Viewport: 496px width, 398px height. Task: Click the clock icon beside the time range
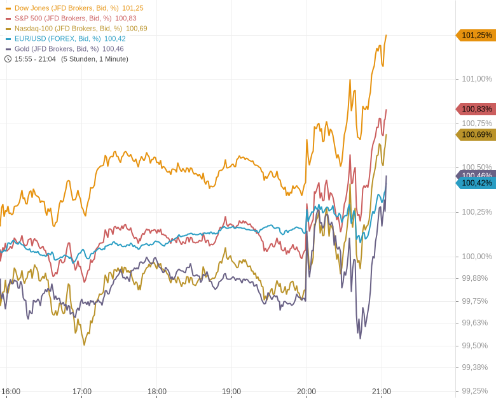tap(8, 59)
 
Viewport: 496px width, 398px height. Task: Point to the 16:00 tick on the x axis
tap(11, 392)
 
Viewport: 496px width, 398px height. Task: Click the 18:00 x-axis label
tap(157, 392)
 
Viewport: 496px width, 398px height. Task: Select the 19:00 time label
tap(231, 392)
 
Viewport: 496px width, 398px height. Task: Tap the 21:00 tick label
tap(382, 392)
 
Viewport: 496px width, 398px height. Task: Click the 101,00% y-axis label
tap(477, 79)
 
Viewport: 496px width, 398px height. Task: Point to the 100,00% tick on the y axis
tap(477, 257)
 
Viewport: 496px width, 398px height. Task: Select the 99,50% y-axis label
tap(475, 346)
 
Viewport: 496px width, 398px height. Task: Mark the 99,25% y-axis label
tap(475, 391)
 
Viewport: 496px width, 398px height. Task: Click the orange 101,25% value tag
tap(476, 35)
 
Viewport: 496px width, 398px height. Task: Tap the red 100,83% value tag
tap(476, 109)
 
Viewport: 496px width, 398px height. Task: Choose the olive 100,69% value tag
tap(476, 134)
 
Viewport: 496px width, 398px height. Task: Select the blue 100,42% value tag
tap(476, 183)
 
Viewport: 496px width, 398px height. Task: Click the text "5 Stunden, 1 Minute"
tap(95, 59)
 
